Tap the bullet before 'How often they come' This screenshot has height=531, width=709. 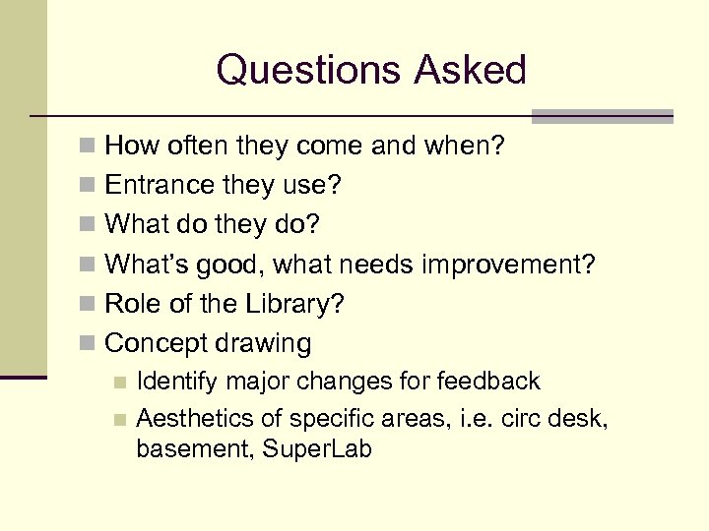point(89,147)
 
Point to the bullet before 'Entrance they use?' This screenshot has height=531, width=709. point(89,186)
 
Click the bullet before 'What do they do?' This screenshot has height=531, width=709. point(89,225)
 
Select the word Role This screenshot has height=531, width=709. point(133,304)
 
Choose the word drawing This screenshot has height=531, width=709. point(263,343)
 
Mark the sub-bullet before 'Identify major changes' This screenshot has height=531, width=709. point(119,382)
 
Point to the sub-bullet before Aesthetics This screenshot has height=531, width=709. point(119,420)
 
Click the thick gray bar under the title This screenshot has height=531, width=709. point(602,115)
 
